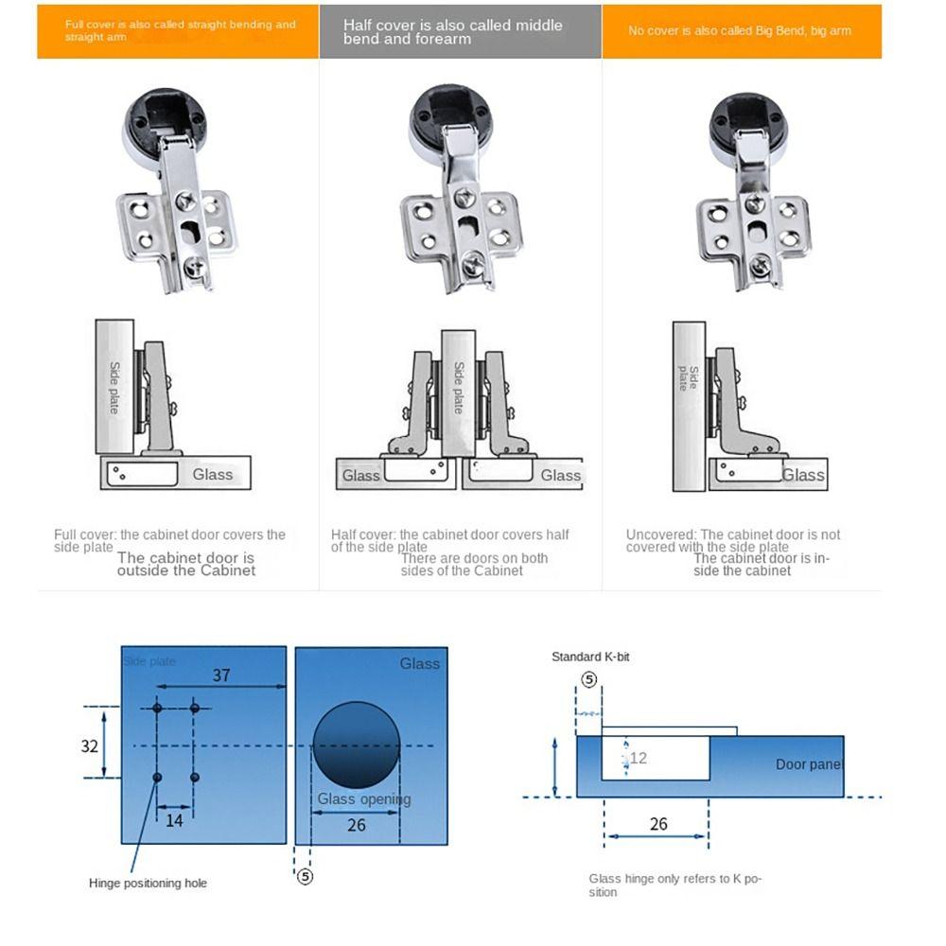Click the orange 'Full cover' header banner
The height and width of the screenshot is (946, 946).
pyautogui.click(x=178, y=31)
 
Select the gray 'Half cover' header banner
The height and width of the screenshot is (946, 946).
pyautogui.click(x=460, y=31)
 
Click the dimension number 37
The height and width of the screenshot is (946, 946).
pyautogui.click(x=220, y=674)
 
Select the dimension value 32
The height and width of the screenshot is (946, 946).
pyautogui.click(x=89, y=745)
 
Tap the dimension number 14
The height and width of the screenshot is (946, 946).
pyautogui.click(x=174, y=820)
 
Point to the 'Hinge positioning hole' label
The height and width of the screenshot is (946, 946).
pyautogui.click(x=148, y=883)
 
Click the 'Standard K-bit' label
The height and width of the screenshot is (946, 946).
pyautogui.click(x=590, y=657)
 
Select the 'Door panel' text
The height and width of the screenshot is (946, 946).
pyautogui.click(x=809, y=764)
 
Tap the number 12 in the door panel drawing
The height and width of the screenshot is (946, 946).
pyautogui.click(x=638, y=758)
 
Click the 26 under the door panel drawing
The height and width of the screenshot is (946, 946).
pyautogui.click(x=658, y=824)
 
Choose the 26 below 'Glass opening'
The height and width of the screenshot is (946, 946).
pyautogui.click(x=356, y=825)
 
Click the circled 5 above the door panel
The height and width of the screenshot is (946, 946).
pyautogui.click(x=588, y=679)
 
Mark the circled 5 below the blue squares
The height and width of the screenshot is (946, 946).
pyautogui.click(x=305, y=876)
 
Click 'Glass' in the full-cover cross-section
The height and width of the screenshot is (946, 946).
pyautogui.click(x=212, y=474)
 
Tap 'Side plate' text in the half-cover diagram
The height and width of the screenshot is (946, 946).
pyautogui.click(x=459, y=387)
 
